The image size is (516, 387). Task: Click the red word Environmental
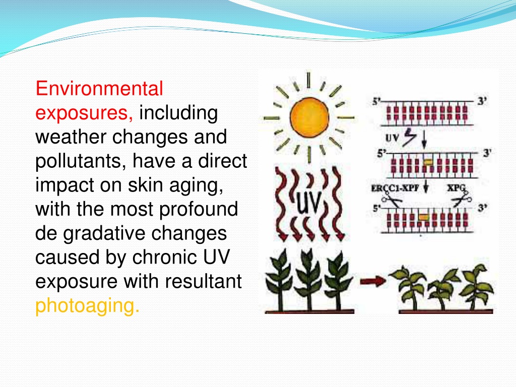tap(99, 89)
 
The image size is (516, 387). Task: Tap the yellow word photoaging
tap(87, 306)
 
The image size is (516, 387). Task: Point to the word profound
tap(199, 210)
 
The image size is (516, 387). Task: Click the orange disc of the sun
tap(309, 117)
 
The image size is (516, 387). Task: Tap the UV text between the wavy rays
tap(308, 202)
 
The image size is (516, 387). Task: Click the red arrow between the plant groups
tap(373, 281)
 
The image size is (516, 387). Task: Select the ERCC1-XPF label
tap(395, 188)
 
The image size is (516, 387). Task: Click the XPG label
tap(456, 188)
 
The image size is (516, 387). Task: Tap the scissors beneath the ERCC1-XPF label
tap(392, 200)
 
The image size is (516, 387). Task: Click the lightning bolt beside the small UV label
tap(409, 137)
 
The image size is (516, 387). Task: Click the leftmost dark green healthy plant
tap(280, 280)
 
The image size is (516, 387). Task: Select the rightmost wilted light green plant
tap(477, 287)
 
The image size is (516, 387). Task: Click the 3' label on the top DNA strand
tap(482, 101)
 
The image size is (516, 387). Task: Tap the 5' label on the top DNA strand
tap(376, 102)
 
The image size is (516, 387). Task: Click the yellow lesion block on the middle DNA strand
tap(427, 162)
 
